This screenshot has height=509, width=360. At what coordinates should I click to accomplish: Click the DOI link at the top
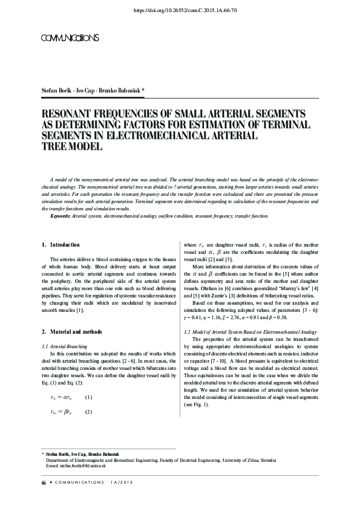(180, 10)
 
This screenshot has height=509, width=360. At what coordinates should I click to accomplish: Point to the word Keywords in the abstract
(60, 216)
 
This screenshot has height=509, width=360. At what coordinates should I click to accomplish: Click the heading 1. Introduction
(61, 245)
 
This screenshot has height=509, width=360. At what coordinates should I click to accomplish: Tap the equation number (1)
(88, 397)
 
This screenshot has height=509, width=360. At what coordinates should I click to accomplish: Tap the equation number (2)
(88, 412)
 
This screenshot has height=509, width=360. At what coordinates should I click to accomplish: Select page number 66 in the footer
(44, 482)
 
